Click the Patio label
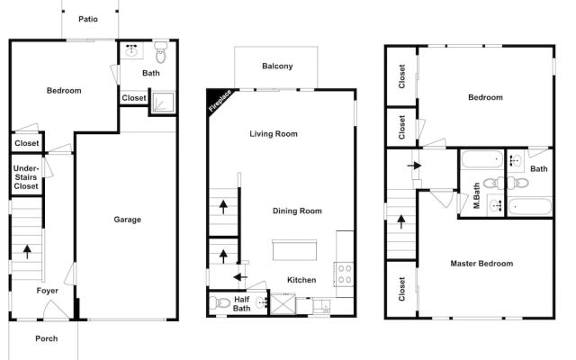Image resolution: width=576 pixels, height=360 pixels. point(87,19)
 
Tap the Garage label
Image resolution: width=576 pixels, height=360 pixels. point(127,220)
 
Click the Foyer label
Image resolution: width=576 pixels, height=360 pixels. point(47,291)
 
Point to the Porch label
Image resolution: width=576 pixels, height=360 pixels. point(46,339)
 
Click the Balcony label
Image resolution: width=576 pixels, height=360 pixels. point(276,67)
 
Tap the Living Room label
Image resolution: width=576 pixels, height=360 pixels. point(274,134)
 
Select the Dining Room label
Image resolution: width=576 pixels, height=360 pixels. point(297,211)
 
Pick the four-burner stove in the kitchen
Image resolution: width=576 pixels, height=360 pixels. point(344,274)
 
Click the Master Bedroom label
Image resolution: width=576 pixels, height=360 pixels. point(481,264)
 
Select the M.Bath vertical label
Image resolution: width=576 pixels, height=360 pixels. point(477,196)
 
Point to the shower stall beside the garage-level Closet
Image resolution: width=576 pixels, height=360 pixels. point(163,101)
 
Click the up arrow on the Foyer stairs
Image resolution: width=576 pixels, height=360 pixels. point(27,251)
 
